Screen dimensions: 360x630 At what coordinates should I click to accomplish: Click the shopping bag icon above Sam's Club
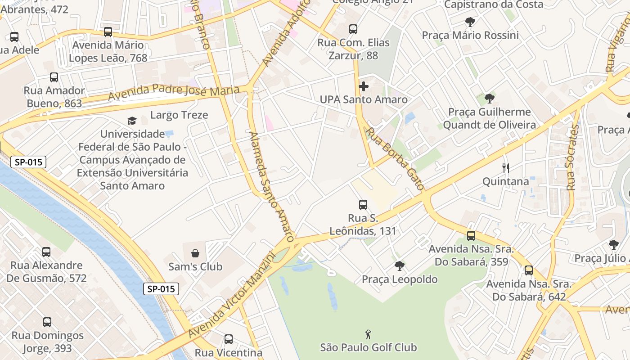coord(195,253)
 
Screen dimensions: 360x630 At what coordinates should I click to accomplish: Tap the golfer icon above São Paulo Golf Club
coord(369,334)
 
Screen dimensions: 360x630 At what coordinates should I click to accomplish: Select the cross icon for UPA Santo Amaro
coord(364,86)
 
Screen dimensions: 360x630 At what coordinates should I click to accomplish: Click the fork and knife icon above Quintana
coord(506,168)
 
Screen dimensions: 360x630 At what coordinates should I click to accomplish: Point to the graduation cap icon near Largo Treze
coord(132,121)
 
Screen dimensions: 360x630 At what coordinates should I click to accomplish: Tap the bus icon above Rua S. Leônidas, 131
coord(363,205)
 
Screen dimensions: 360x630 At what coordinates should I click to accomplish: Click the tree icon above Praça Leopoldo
coord(399,266)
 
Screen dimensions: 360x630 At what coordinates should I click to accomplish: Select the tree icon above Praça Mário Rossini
coord(470,22)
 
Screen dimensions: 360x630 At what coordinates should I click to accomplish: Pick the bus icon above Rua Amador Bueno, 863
coord(54,77)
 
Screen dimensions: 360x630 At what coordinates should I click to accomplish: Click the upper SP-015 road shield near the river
coord(28,162)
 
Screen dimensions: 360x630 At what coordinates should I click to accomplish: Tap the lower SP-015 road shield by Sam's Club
coord(161,289)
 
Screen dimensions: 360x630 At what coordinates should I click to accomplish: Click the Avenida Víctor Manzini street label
coord(232,294)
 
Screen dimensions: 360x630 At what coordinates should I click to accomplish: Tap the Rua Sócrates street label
coord(572,157)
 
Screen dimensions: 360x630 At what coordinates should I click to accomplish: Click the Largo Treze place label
coord(179,115)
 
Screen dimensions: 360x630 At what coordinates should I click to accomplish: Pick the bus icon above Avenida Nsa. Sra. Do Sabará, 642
coord(529,270)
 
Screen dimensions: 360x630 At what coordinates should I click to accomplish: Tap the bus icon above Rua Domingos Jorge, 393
coord(47,322)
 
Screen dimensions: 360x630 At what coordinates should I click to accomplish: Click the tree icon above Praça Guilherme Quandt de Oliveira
coord(490,99)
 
